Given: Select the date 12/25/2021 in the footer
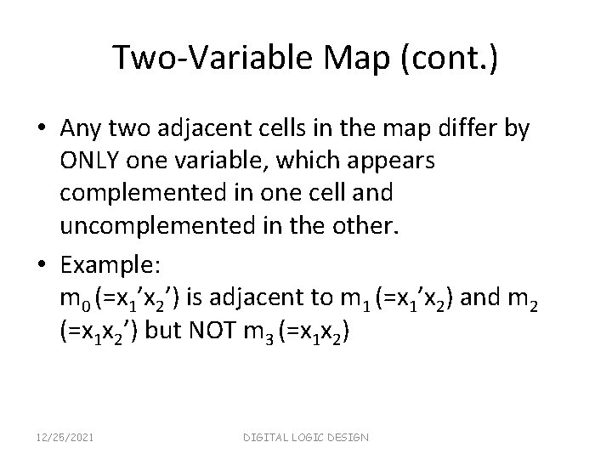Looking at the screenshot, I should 66,437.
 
